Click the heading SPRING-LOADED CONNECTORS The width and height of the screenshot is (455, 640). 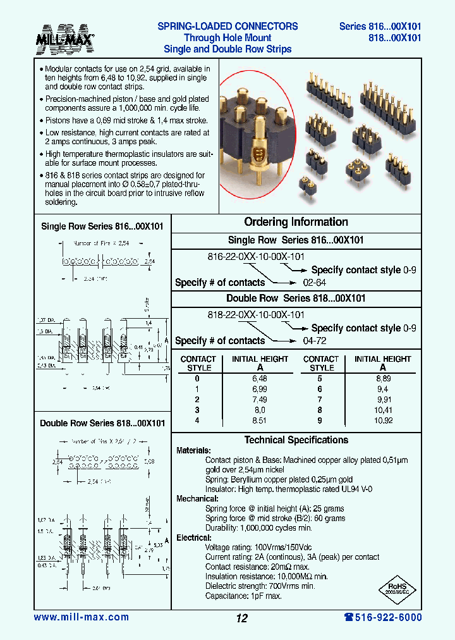pyautogui.click(x=227, y=27)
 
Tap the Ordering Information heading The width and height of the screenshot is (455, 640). pyautogui.click(x=296, y=222)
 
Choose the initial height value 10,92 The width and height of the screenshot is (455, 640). pyautogui.click(x=382, y=419)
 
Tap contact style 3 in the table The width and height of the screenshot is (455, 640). pyautogui.click(x=198, y=409)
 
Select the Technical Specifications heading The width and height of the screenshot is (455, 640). pyautogui.click(x=296, y=440)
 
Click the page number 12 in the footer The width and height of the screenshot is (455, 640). pyautogui.click(x=241, y=618)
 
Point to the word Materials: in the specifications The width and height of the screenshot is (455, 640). pyautogui.click(x=193, y=451)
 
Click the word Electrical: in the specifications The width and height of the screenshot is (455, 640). pyautogui.click(x=193, y=538)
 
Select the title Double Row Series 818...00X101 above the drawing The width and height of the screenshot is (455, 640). pyautogui.click(x=102, y=423)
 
